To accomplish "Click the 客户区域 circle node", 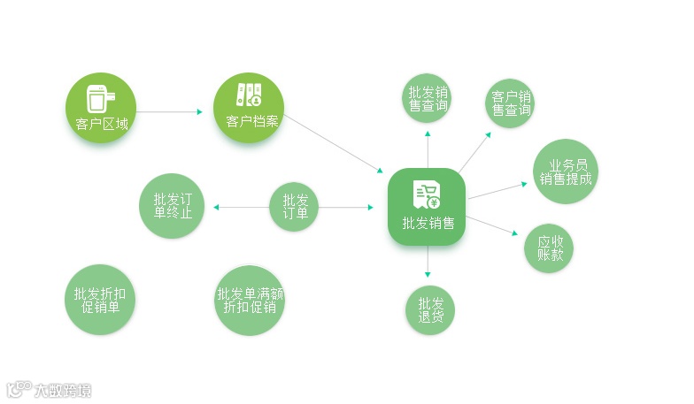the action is (102, 109).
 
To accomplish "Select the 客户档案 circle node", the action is (248, 109).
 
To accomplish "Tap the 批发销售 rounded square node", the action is (427, 207).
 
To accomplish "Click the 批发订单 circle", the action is (294, 207).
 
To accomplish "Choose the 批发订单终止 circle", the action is (172, 205).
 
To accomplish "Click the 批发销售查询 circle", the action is (428, 98).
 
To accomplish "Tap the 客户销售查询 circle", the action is (510, 103).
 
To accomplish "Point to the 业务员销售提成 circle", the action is (566, 171).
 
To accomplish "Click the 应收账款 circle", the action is (549, 248).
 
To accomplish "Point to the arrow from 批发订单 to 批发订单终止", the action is (241, 208).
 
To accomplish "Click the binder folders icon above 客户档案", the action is (248, 95).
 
